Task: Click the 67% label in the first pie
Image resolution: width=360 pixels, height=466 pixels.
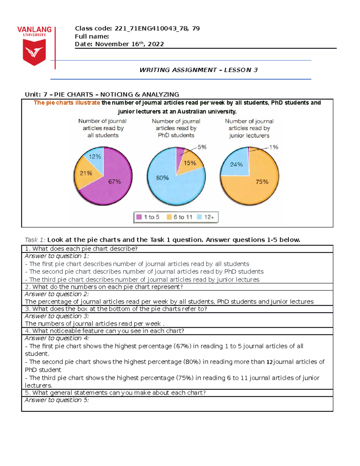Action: click(x=114, y=182)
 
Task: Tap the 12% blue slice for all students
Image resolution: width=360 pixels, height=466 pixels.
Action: click(x=95, y=157)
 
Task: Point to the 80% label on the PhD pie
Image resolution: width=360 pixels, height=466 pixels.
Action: click(x=162, y=178)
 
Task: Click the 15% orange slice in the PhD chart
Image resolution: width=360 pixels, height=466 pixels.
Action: click(x=190, y=163)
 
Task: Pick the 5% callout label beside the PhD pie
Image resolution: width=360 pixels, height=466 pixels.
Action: click(x=202, y=147)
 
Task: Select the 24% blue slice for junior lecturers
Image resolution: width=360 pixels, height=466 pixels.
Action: click(x=236, y=164)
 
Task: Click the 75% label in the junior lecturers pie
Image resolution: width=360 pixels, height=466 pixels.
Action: click(x=262, y=182)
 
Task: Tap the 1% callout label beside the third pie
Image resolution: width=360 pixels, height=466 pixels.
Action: click(x=274, y=147)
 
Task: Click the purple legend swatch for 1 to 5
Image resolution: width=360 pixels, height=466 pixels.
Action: click(x=139, y=217)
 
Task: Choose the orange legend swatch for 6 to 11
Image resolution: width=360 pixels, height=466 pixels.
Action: click(x=169, y=217)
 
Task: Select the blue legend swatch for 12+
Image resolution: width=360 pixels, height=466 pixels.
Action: click(x=199, y=217)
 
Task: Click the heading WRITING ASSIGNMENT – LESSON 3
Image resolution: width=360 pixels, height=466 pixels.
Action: click(x=198, y=70)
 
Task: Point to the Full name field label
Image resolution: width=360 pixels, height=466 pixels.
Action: click(x=92, y=36)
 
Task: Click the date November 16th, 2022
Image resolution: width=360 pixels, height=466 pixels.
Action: click(x=129, y=44)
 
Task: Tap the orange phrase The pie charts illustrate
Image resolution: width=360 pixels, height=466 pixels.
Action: click(x=67, y=103)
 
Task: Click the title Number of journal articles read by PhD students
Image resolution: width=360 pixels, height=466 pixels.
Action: click(x=176, y=128)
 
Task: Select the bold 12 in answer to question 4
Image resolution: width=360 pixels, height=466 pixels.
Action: click(x=269, y=362)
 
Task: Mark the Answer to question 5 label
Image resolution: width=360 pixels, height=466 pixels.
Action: click(x=57, y=400)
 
